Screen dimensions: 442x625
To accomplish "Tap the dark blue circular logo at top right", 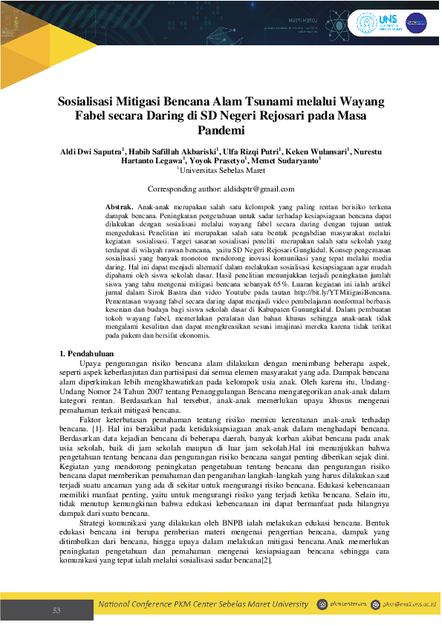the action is tap(416, 23).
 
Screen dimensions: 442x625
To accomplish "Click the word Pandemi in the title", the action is tap(221, 131).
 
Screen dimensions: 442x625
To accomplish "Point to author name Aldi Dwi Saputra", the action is tap(91, 151).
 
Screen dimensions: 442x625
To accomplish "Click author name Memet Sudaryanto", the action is tap(285, 161).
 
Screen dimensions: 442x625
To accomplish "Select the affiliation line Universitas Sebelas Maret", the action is tap(221, 171).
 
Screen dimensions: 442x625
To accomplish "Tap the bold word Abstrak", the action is tap(120, 205).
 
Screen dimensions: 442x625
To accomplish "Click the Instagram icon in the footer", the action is tap(322, 605).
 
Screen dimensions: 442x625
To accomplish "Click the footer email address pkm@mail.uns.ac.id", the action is tap(409, 606).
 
